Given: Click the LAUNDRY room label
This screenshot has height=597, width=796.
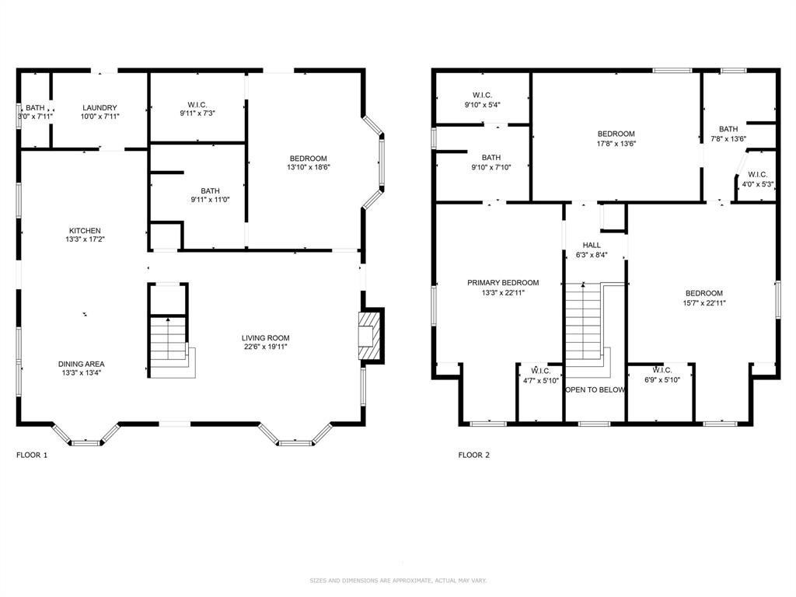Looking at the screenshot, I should click(99, 107).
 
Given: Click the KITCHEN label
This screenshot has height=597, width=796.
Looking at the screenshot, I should click(85, 231).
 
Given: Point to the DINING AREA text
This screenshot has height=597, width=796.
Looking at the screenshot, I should click(81, 364).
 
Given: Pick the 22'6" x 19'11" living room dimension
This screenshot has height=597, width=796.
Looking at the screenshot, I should click(265, 347).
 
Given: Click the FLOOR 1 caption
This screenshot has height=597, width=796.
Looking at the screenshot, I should click(32, 456).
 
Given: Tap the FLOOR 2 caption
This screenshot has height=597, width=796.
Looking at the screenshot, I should click(473, 456).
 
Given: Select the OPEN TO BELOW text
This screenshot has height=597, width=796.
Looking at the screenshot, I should click(595, 390).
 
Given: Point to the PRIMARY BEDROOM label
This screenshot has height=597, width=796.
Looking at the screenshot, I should click(503, 283).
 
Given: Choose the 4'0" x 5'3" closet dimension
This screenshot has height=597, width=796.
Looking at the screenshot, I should click(757, 184).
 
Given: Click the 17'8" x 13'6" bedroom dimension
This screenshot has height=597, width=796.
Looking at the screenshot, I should click(616, 144).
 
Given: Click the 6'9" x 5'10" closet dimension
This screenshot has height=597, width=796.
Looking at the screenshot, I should click(662, 380).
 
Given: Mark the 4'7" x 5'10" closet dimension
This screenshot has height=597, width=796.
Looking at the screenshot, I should click(541, 380).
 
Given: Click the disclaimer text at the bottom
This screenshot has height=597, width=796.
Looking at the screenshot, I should click(398, 581).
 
